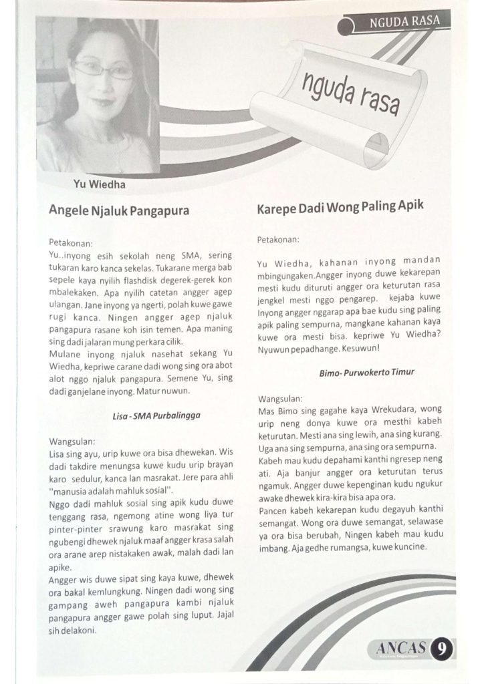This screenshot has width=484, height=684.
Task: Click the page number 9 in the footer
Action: point(441,649)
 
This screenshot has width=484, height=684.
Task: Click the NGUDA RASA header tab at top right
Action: point(404,21)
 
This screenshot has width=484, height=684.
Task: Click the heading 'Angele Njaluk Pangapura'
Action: point(119,210)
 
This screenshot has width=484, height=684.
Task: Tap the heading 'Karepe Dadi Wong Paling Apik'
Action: point(340,207)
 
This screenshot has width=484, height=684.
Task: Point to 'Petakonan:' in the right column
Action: point(279,238)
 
